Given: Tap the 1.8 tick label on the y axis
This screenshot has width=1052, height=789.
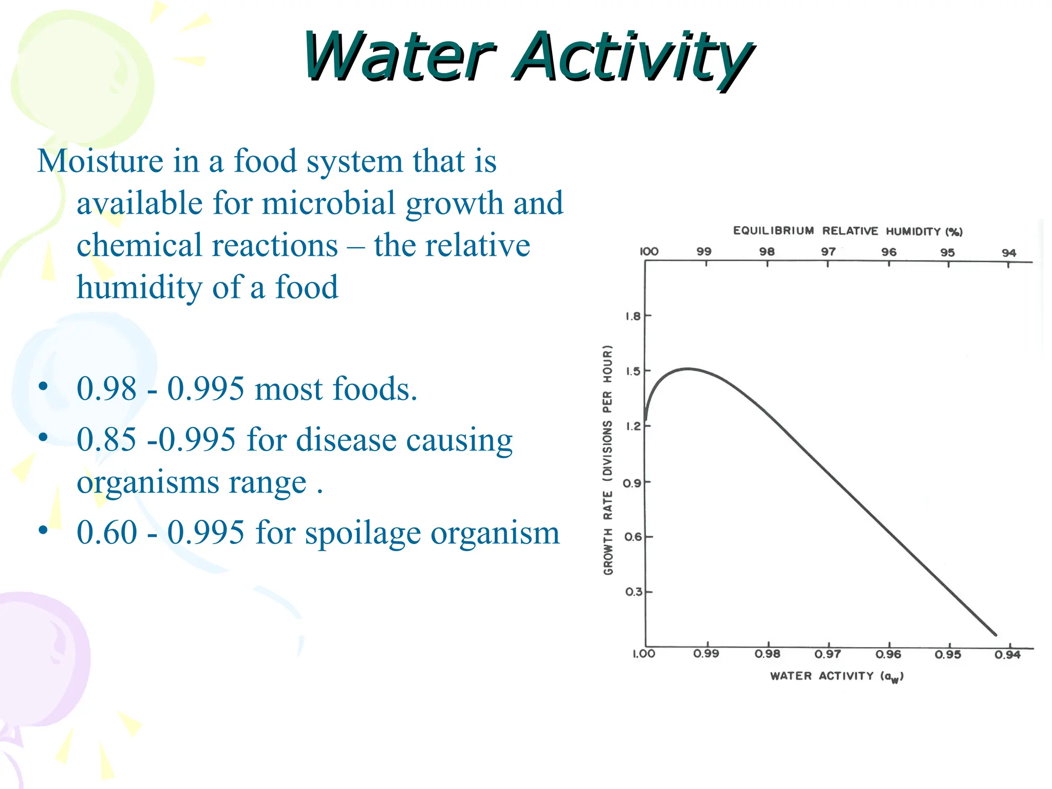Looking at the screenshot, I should [633, 316].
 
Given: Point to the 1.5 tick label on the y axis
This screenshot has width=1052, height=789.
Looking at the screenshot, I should [633, 371].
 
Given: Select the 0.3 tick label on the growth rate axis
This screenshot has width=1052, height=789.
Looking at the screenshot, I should [633, 592].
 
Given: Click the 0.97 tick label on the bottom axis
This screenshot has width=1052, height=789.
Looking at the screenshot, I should [828, 654].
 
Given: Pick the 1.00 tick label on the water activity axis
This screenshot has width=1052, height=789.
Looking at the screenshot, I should [643, 654].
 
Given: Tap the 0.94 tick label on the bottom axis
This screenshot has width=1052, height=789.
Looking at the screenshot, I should [1007, 654].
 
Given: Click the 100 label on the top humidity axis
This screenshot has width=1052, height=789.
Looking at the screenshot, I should [649, 251].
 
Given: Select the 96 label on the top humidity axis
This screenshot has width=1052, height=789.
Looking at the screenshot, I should [889, 252].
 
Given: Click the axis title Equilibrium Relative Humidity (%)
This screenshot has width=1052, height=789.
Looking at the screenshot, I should [848, 231].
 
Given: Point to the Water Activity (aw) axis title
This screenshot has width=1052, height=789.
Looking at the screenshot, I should [836, 676].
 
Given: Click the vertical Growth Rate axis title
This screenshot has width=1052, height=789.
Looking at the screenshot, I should [608, 460].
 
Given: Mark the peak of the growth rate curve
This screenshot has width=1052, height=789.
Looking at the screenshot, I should [688, 368].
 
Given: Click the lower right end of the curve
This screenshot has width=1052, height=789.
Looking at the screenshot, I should [995, 634].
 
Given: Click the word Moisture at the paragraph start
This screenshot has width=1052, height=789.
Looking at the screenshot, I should [100, 161].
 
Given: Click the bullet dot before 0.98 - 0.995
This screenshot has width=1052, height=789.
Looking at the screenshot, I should [43, 386].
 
